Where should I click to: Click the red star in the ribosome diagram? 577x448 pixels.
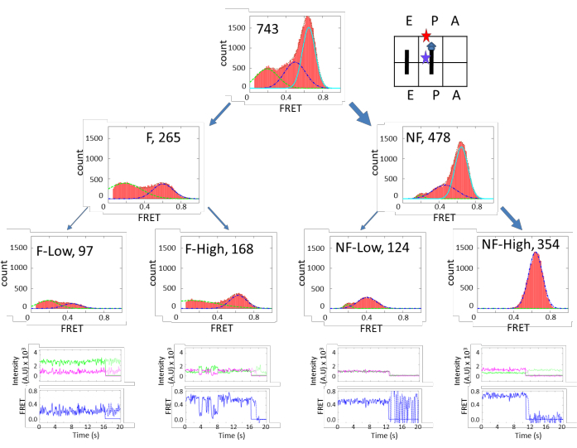point(426,36)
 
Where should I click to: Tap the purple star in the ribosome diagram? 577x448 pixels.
point(426,58)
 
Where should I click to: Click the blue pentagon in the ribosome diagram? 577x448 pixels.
point(431,47)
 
